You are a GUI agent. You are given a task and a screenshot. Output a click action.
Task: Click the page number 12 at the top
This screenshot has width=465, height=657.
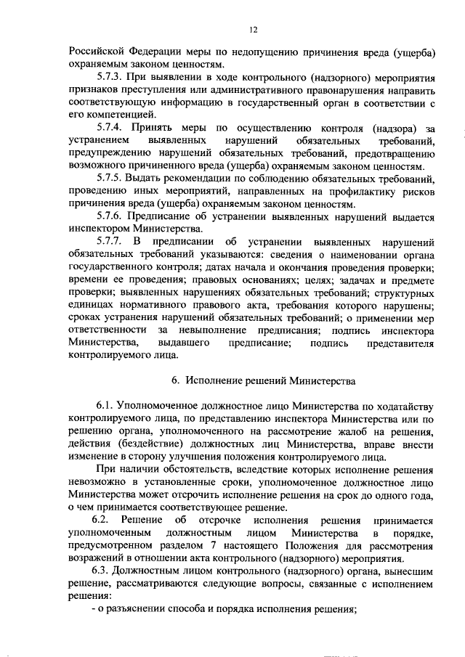point(252,30)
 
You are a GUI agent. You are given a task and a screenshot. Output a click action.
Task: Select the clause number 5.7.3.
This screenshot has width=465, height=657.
point(110,76)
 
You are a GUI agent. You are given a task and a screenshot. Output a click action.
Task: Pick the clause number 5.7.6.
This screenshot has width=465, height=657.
point(110,216)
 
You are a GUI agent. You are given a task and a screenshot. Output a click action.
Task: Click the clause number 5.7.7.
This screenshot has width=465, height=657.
point(110,241)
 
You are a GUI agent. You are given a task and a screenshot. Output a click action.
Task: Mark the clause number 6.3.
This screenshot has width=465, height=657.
point(106,571)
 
